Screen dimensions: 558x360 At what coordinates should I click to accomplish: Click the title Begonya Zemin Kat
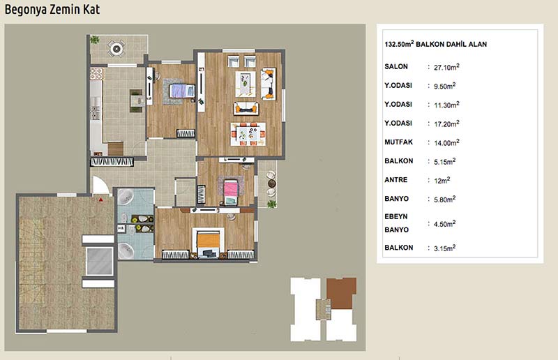pos(52,10)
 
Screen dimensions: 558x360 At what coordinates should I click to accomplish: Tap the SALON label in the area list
pos(396,66)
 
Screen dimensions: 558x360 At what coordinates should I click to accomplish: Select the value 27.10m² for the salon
pos(446,67)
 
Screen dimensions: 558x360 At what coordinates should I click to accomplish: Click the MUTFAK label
pos(398,142)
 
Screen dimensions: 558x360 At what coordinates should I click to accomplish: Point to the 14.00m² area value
pos(446,142)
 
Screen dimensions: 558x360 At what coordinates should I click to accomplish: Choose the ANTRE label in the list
pos(395,180)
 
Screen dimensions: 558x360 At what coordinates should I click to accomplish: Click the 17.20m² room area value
pos(446,123)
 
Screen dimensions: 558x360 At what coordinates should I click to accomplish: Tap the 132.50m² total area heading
pos(435,44)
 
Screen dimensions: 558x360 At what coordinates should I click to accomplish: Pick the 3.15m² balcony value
pos(444,248)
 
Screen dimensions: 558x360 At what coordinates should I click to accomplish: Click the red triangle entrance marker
pos(101,200)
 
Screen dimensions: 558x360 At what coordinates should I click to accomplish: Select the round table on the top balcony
pos(116,48)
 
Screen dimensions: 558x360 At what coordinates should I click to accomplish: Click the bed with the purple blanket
pos(182,91)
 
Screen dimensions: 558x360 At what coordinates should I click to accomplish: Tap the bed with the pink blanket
pos(231,192)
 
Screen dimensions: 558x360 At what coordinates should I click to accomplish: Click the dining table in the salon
pos(248,134)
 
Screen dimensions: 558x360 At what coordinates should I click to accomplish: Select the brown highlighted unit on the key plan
pos(341,293)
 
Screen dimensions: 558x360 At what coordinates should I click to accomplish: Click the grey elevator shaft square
pos(99,261)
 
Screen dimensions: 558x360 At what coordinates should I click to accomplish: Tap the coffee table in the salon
pos(246,84)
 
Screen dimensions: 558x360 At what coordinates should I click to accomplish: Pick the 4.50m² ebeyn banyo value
pos(444,224)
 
